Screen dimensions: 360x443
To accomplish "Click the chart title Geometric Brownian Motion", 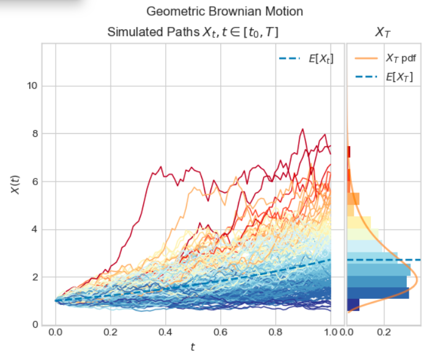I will pos(225,12).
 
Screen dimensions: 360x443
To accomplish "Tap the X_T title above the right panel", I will pos(383,32).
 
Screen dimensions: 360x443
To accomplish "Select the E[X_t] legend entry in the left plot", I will pos(306,59).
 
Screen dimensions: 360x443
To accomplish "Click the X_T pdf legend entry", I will pos(385,59).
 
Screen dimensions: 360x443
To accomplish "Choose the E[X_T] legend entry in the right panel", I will pos(385,77).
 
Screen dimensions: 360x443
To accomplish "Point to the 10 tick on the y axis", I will pos(32,86).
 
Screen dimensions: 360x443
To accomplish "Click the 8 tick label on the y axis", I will pos(34,133).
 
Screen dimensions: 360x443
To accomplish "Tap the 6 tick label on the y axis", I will pos(34,182).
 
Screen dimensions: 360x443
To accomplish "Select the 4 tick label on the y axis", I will pos(34,229).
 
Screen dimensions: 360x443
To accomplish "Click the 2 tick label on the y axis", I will pos(34,277).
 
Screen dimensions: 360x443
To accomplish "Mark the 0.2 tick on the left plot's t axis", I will pos(111,333).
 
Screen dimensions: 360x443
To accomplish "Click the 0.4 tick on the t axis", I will pos(166,333).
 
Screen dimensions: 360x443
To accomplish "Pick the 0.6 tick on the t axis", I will pos(221,333).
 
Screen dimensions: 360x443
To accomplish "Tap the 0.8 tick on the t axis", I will pos(276,333).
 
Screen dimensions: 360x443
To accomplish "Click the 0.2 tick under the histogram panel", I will pos(384,333).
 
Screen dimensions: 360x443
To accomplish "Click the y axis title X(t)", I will pos(15,185).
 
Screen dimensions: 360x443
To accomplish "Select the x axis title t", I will pos(193,347).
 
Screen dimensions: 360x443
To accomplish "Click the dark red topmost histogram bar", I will pos(349,152).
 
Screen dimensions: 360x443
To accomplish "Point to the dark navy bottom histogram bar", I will pos(353,304).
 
